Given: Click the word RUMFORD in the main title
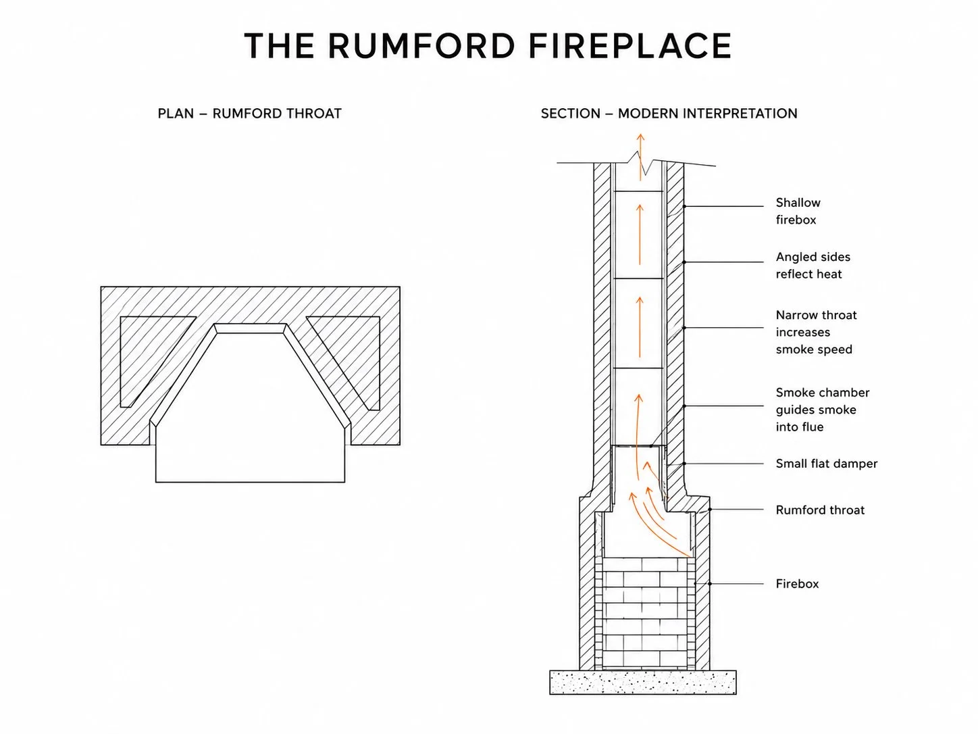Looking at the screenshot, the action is coord(421,45).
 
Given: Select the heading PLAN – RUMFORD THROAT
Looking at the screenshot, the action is coord(249,114).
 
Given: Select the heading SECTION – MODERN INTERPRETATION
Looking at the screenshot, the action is coord(669,114).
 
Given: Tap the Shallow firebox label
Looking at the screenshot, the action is coord(798,212).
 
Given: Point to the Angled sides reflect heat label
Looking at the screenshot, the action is coord(813,265).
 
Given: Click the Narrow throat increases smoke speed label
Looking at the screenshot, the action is coord(817,332).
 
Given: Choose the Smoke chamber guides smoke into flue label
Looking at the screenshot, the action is coord(823,410).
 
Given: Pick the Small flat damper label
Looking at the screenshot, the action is coord(827,464).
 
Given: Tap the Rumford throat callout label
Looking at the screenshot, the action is coord(820,510).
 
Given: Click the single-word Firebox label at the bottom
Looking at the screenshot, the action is coord(797,584).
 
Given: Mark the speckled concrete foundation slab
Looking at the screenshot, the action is coord(643,683).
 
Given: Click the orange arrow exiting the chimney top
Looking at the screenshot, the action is coord(641,157).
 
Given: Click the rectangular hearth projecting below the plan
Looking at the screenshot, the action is coord(251,464).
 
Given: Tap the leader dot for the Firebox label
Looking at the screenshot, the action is coord(711,584).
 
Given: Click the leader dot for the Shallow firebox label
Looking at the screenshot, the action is coord(684,206).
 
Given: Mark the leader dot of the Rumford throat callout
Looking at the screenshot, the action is coord(711,510).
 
